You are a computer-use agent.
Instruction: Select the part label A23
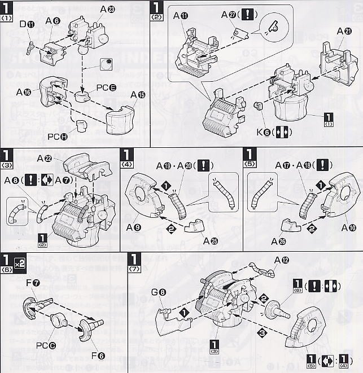pyautogui.click(x=108, y=10)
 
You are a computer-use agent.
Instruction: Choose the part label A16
pyautogui.click(x=24, y=92)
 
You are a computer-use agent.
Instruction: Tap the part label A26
pyautogui.click(x=278, y=241)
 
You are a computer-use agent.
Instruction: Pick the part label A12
pyautogui.click(x=282, y=260)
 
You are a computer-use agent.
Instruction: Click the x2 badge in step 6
pyautogui.click(x=20, y=264)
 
